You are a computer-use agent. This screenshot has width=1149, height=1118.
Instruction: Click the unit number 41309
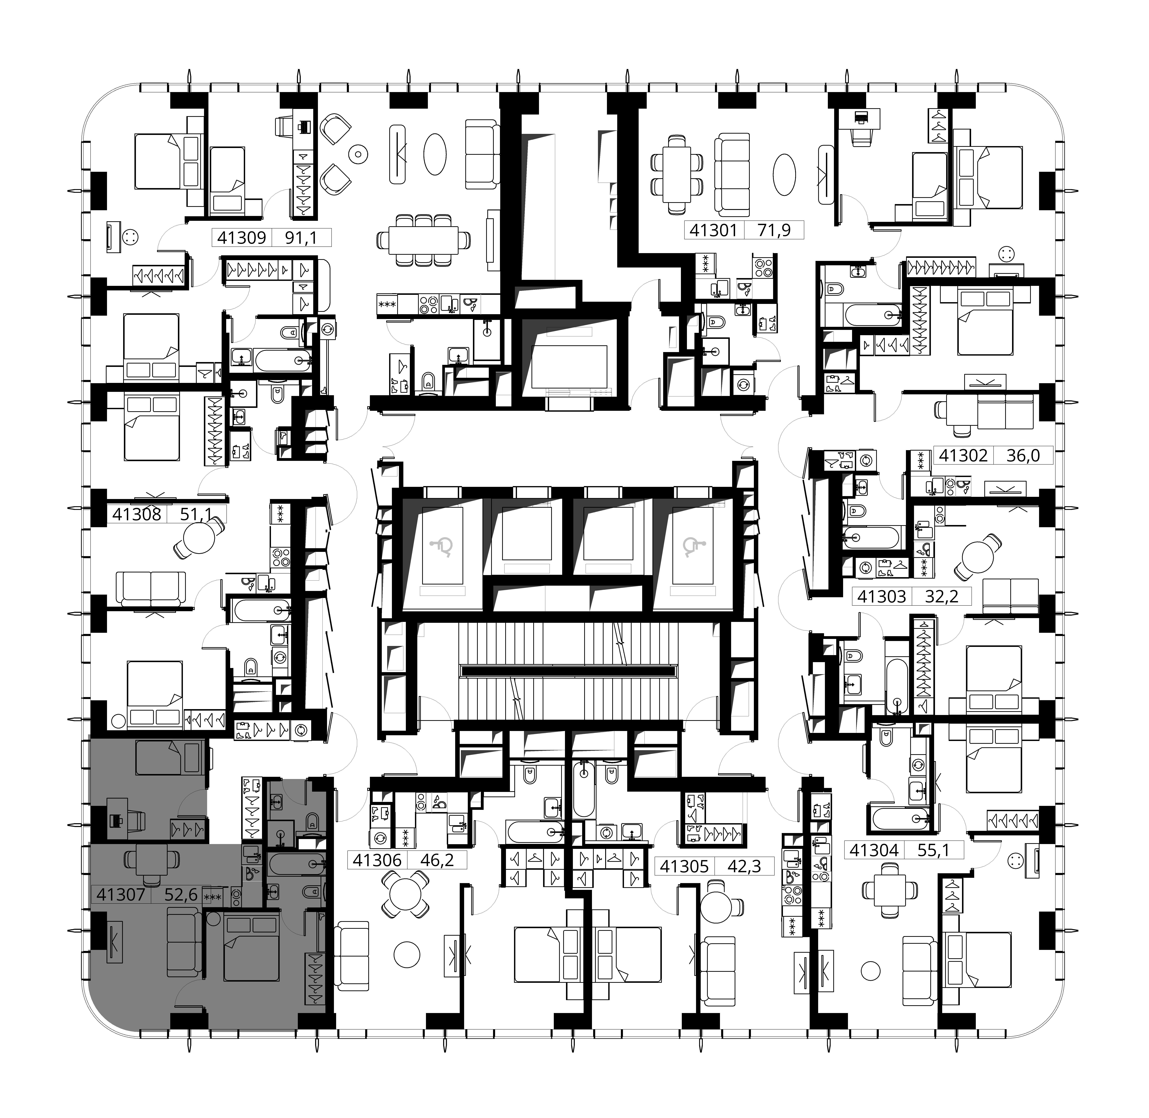[x=241, y=238]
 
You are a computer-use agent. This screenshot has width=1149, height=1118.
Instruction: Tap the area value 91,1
[x=301, y=238]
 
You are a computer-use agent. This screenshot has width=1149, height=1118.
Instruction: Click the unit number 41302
[x=963, y=456]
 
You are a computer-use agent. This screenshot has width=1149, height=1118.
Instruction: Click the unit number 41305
[x=684, y=867]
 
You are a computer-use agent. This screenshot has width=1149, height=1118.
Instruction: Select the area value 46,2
[x=437, y=861]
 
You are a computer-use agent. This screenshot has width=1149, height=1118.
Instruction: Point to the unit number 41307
[x=120, y=895]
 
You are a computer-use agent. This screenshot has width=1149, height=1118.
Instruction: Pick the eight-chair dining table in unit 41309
[x=423, y=240]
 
